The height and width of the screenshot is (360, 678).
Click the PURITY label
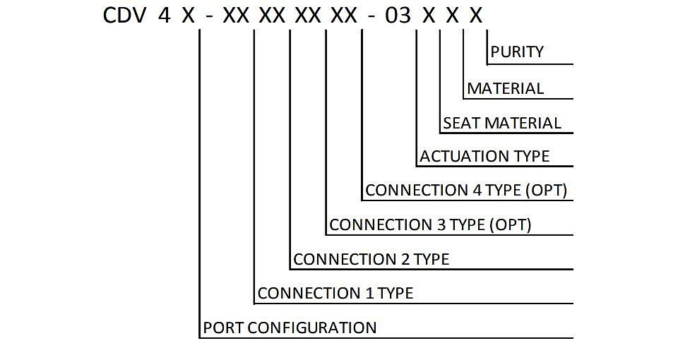point(517,52)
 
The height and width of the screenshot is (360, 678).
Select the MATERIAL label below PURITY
point(505,89)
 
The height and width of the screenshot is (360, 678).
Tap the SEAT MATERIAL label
point(502,123)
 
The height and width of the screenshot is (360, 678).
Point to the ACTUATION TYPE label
point(484,156)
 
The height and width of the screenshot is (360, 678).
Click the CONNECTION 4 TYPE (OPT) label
point(466,190)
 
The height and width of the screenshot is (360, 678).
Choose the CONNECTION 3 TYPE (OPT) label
point(430,224)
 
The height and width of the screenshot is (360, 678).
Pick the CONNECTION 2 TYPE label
point(371,259)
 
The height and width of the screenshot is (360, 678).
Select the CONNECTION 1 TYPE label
point(335,294)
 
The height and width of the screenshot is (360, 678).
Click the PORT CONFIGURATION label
point(290,328)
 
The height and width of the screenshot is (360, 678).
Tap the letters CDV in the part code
point(124,16)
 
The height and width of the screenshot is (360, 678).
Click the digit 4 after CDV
point(164,16)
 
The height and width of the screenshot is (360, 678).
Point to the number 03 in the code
point(398,16)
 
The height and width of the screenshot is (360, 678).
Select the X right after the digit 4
point(188,16)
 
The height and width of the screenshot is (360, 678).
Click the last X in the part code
point(475,16)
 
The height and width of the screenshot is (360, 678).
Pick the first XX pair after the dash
point(236,16)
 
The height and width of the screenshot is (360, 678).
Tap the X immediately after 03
point(429,16)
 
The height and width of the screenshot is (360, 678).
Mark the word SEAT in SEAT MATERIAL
point(462,123)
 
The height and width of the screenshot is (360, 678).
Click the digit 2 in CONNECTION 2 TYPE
point(405,259)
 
